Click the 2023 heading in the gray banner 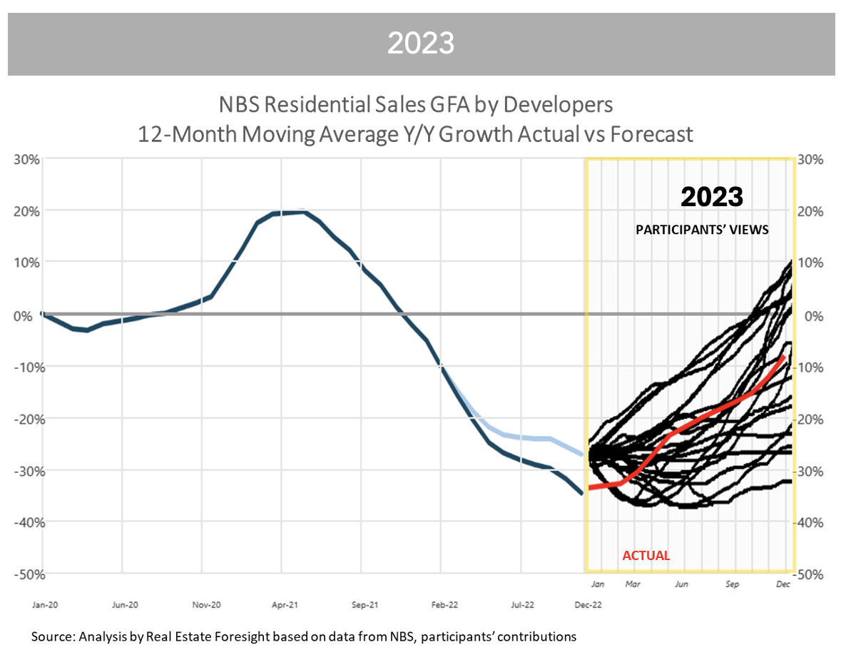(x=421, y=44)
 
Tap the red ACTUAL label (x=646, y=556)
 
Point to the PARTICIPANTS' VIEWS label (x=702, y=230)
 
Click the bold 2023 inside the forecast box (x=711, y=197)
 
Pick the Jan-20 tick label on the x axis (x=44, y=605)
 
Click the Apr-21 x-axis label (x=284, y=605)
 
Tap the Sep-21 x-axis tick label (x=364, y=605)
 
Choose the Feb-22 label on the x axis (x=444, y=605)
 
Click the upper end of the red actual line (x=784, y=355)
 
